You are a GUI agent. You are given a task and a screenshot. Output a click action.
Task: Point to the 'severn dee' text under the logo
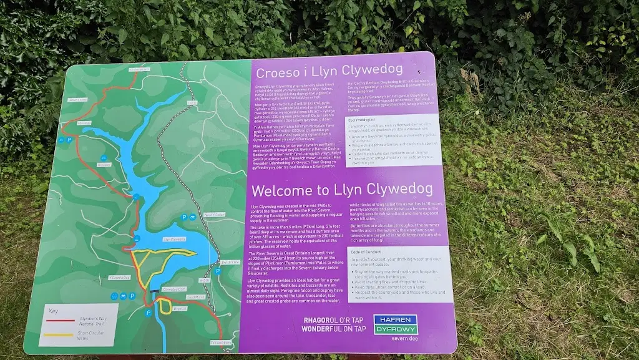pos(404,339)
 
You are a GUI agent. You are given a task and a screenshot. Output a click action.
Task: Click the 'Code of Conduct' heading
pos(370,251)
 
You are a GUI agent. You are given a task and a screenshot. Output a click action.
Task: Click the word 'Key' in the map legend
pos(54,310)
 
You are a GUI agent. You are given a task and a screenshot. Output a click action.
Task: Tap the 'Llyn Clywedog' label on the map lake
pos(174,239)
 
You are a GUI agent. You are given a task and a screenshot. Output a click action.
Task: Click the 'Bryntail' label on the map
pos(180,308)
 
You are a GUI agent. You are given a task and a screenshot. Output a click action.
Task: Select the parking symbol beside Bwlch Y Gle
pos(218,271)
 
